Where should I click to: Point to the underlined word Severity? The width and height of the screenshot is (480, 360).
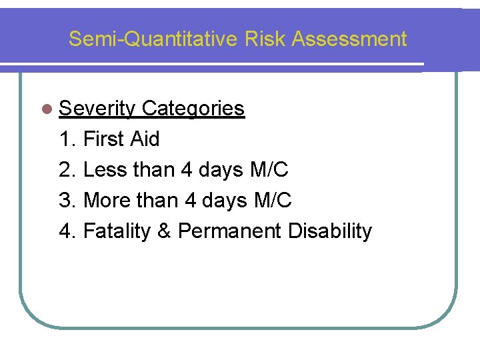tap(97, 108)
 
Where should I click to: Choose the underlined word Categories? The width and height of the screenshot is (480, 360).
tap(193, 108)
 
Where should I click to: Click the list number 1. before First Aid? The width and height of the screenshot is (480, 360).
tap(68, 139)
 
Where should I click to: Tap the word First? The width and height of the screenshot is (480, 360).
tap(104, 139)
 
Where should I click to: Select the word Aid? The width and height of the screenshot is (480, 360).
tap(145, 139)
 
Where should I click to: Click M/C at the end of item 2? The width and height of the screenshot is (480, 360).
tap(269, 170)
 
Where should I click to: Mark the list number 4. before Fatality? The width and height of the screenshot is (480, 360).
tap(68, 231)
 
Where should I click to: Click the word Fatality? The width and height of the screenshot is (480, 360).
tap(117, 231)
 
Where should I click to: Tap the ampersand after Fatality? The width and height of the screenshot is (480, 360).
tap(165, 231)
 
